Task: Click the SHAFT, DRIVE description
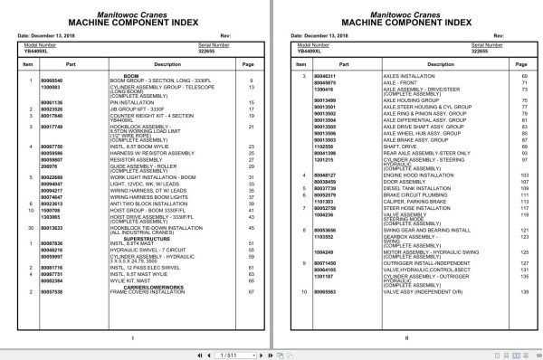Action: click(x=400, y=145)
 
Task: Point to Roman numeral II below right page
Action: click(x=406, y=338)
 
